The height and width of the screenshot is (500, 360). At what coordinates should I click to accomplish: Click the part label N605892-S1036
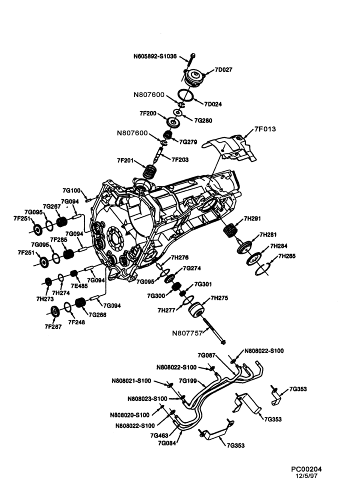pyautogui.click(x=154, y=57)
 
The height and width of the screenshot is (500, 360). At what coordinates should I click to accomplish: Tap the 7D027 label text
pyautogui.click(x=223, y=69)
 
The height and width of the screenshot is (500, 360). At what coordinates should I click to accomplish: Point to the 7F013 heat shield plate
pyautogui.click(x=230, y=148)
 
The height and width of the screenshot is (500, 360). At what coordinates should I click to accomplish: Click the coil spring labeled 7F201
pyautogui.click(x=149, y=171)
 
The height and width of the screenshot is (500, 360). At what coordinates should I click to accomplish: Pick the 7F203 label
pyautogui.click(x=180, y=159)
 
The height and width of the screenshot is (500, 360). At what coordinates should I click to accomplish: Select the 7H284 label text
pyautogui.click(x=278, y=246)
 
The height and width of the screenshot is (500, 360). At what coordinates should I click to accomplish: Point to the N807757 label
pyautogui.click(x=187, y=333)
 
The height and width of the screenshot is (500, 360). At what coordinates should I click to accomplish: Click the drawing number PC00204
pyautogui.click(x=306, y=469)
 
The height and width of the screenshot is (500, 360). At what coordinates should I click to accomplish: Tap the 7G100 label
pyautogui.click(x=71, y=190)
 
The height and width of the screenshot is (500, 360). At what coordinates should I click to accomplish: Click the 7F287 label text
pyautogui.click(x=53, y=327)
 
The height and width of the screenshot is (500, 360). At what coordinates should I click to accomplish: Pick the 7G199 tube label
pyautogui.click(x=188, y=380)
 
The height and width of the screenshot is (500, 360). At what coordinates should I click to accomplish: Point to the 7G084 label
pyautogui.click(x=167, y=443)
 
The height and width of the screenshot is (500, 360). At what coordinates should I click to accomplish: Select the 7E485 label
pyautogui.click(x=79, y=286)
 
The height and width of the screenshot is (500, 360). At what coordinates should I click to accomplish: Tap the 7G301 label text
pyautogui.click(x=203, y=284)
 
